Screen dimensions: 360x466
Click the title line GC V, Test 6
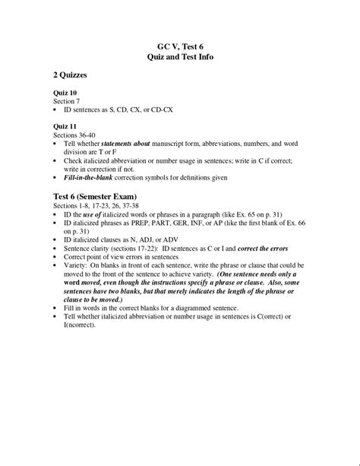pos(179,46)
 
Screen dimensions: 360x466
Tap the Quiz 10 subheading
pos(65,93)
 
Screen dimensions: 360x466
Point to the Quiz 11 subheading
pos(65,125)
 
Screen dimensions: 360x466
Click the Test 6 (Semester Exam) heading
pos(99,197)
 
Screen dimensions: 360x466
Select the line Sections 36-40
pos(77,134)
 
